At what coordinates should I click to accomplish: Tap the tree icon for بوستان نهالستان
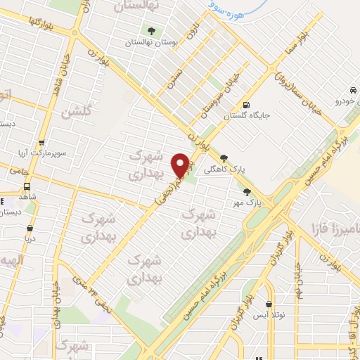coord(151,31)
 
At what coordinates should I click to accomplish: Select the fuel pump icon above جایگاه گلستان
coord(245,105)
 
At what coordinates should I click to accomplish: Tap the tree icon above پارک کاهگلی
coord(224,158)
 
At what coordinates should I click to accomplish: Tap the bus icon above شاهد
coord(27,187)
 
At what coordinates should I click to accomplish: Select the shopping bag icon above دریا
coord(30,228)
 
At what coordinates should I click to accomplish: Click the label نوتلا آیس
coord(270,316)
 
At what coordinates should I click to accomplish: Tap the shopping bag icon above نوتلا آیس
coord(269,304)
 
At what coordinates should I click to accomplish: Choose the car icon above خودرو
coord(351,91)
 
